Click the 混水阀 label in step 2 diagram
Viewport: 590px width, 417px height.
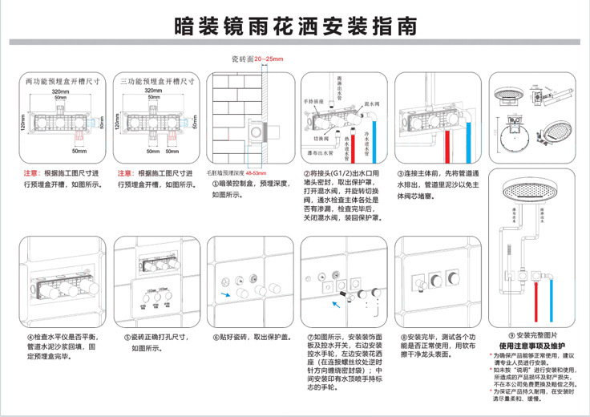click(372, 104)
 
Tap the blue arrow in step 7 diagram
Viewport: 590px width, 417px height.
click(335, 302)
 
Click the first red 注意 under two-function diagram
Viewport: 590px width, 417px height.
click(30, 172)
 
